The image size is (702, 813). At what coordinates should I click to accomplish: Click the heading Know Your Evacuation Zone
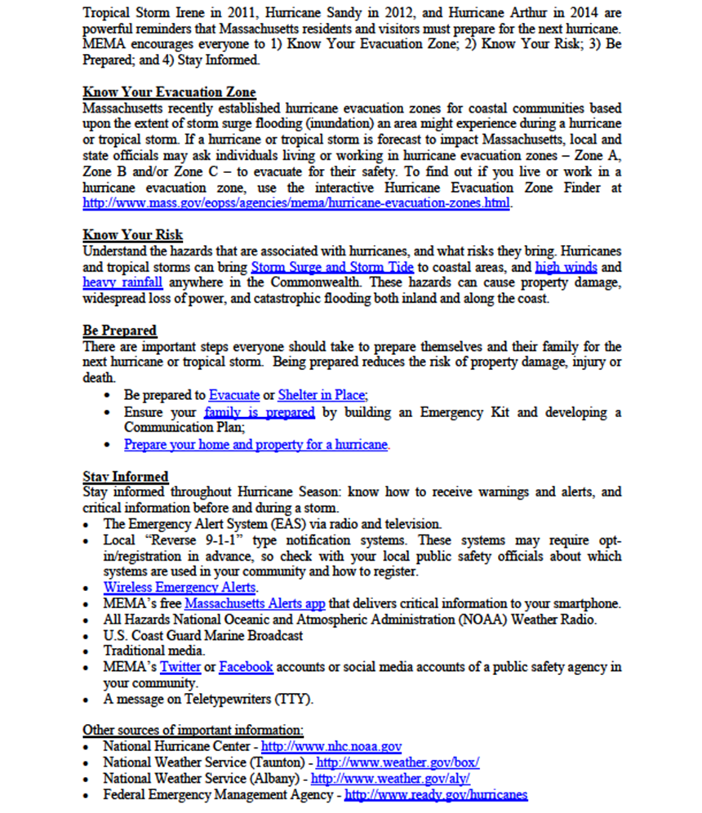click(x=169, y=93)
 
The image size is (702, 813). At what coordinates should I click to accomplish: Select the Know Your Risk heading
click(x=133, y=236)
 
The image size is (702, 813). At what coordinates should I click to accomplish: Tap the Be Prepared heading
click(x=120, y=331)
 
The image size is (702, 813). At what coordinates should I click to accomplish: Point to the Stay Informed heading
click(x=126, y=476)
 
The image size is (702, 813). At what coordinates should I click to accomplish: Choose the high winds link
click(x=566, y=267)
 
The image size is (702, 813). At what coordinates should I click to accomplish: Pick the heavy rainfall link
click(x=122, y=282)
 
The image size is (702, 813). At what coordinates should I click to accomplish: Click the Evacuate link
click(x=234, y=395)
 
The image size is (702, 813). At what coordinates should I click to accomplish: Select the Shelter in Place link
click(x=322, y=395)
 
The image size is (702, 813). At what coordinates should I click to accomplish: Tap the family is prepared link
click(x=260, y=412)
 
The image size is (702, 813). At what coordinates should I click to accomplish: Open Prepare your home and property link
click(x=256, y=445)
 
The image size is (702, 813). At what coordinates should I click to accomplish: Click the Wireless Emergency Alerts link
click(x=180, y=587)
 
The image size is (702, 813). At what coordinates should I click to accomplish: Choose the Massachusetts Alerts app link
click(x=255, y=603)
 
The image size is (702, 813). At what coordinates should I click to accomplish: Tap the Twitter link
click(x=180, y=667)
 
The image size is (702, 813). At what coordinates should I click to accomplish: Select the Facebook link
click(x=246, y=667)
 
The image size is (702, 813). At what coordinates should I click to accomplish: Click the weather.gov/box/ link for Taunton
click(x=398, y=762)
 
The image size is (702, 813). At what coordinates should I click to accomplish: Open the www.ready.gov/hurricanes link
click(x=436, y=794)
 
